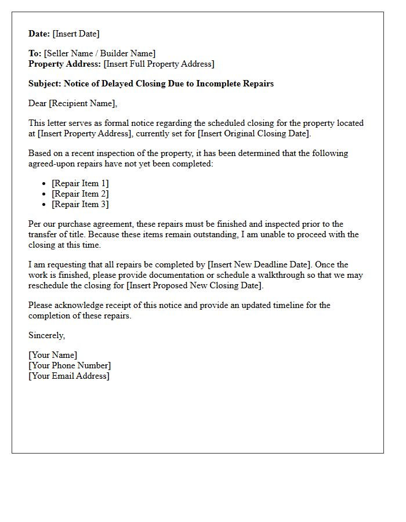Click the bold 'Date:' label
click(x=39, y=34)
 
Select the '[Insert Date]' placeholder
click(x=76, y=34)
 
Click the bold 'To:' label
click(x=35, y=53)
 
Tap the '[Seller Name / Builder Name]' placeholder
click(x=100, y=53)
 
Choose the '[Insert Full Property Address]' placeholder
click(x=159, y=64)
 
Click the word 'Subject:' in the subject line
click(x=45, y=84)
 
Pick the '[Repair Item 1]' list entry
click(x=80, y=183)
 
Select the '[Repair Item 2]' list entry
click(x=80, y=194)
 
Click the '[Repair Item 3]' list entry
click(x=80, y=204)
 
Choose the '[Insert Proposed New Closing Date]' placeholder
click(x=195, y=285)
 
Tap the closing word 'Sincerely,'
click(x=47, y=335)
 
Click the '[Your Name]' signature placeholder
click(x=53, y=355)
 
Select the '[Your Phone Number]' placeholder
click(x=70, y=365)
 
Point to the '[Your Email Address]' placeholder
click(x=69, y=376)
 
